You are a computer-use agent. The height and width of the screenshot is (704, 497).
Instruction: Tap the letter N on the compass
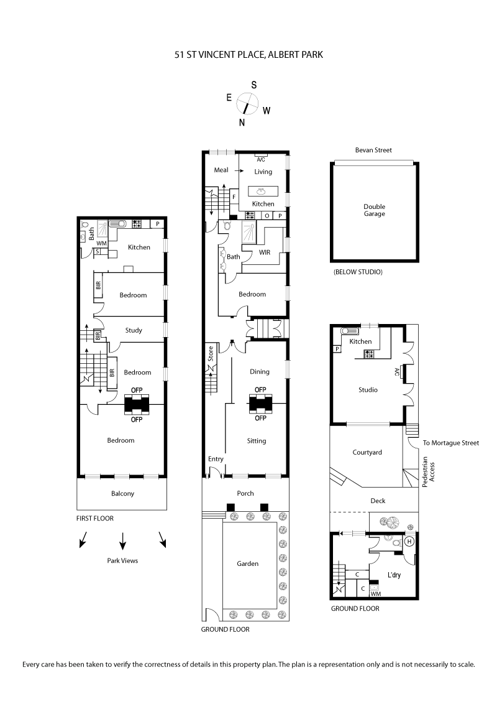242,122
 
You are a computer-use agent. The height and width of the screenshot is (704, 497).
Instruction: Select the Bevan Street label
373,150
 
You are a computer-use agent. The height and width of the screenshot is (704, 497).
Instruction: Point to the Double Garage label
375,210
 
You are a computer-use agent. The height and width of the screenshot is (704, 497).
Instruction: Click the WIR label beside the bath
265,252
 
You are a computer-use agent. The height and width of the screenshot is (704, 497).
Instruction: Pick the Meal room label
221,170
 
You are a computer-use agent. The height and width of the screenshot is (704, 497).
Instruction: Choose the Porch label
245,493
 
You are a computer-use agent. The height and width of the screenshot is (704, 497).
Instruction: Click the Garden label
247,563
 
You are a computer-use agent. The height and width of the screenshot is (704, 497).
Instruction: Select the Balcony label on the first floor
122,494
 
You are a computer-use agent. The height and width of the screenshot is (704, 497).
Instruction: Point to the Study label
134,330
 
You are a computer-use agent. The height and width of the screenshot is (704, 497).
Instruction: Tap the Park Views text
122,560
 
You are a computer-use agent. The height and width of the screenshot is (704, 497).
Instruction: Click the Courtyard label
367,452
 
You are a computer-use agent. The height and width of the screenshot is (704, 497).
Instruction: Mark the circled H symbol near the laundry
409,541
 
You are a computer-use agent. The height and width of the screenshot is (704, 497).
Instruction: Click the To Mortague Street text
451,443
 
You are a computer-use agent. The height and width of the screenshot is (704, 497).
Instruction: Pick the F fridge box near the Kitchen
234,197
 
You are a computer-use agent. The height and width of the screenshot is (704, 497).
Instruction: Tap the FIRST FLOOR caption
95,517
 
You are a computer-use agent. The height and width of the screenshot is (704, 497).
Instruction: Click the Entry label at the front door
216,459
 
